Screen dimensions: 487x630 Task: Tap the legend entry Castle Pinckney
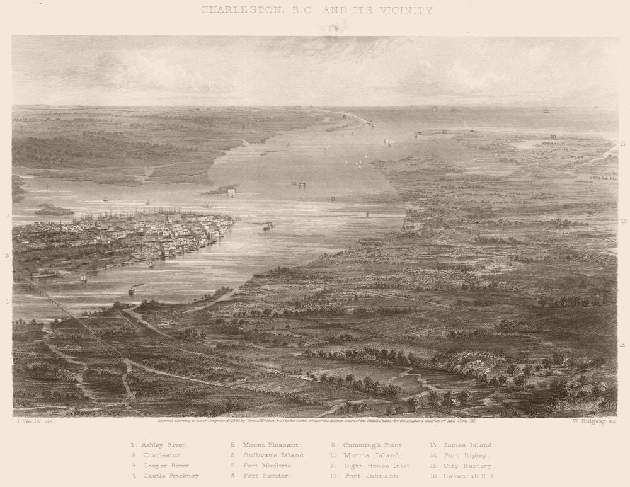pyautogui.click(x=171, y=476)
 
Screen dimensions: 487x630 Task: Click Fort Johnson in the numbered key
pyautogui.click(x=369, y=476)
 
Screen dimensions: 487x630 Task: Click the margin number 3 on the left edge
pyautogui.click(x=8, y=215)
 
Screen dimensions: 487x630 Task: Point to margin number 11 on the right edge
pyautogui.click(x=622, y=144)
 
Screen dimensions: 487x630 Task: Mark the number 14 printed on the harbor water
pyautogui.click(x=294, y=183)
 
